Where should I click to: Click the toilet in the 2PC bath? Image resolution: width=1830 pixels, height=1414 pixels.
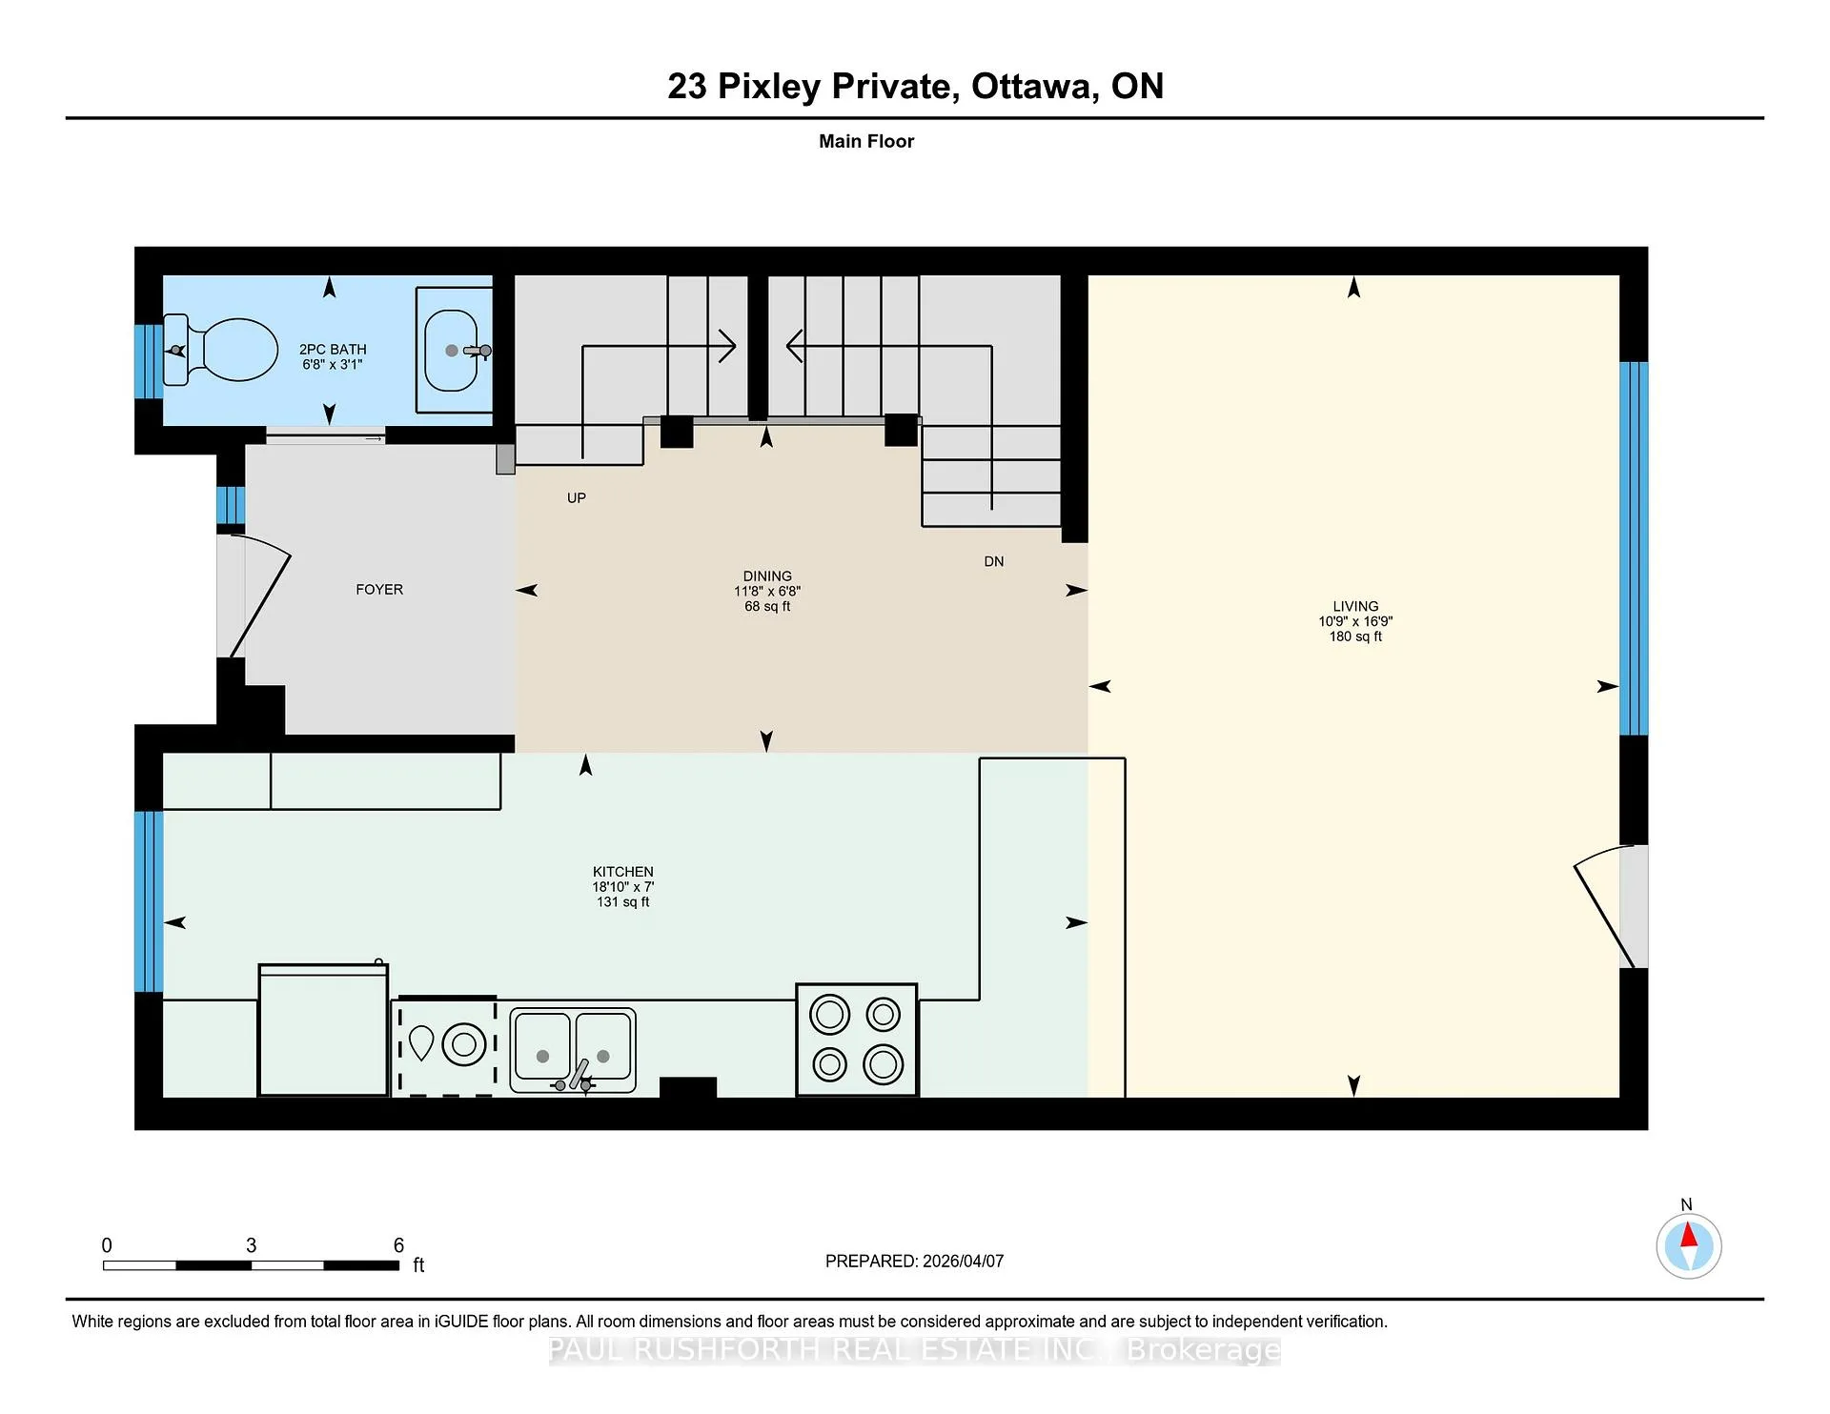[x=221, y=351]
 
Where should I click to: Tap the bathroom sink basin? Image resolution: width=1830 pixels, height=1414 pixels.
[x=451, y=351]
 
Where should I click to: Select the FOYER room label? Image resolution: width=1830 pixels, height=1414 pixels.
[x=379, y=590]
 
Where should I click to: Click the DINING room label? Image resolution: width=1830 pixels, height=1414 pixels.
[x=767, y=576]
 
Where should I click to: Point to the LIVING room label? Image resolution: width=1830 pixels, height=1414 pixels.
[x=1355, y=606]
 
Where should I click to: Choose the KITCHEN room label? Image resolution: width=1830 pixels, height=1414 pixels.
[x=623, y=872]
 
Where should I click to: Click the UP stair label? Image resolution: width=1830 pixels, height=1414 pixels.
[x=577, y=497]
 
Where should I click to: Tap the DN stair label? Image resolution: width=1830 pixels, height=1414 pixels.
[x=994, y=561]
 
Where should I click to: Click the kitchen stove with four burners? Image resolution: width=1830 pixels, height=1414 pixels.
[x=857, y=1040]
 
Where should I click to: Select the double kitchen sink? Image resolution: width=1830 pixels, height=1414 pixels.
[x=573, y=1050]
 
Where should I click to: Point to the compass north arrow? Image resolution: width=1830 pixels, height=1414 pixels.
[x=1688, y=1237]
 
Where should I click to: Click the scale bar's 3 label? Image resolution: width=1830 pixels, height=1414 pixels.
[x=251, y=1245]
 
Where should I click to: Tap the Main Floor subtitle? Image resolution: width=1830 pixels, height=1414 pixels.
[x=866, y=141]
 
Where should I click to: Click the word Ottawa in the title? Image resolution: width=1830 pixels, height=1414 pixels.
[x=1031, y=86]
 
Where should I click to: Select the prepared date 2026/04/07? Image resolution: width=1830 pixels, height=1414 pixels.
[x=964, y=1261]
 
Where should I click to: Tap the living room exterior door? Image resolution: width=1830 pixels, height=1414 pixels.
[x=1610, y=905]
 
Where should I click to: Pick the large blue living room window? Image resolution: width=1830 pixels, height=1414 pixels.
[x=1634, y=549]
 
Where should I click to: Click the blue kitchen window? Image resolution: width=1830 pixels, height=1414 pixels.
[x=149, y=901]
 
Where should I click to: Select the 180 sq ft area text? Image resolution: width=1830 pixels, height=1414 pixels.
[x=1355, y=636]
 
